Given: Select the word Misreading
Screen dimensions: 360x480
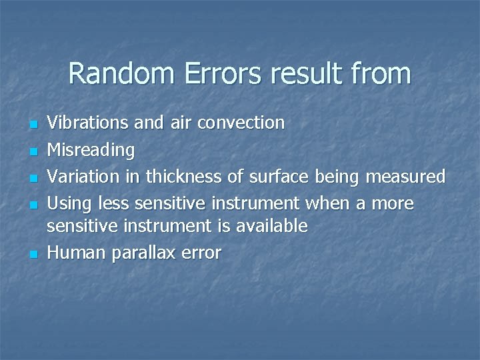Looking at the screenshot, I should [x=91, y=150].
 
